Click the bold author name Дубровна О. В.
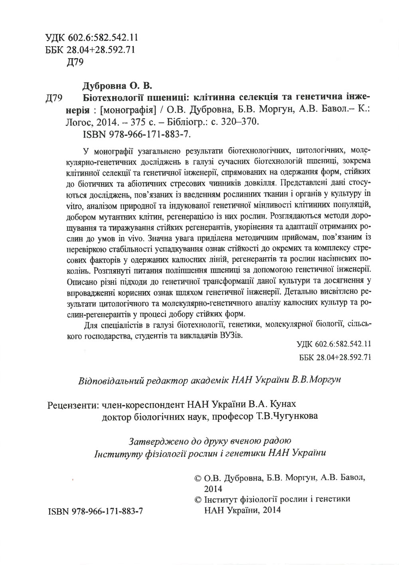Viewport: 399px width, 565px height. (118, 86)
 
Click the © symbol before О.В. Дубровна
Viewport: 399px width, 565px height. (197, 478)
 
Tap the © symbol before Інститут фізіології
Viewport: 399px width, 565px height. (197, 500)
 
